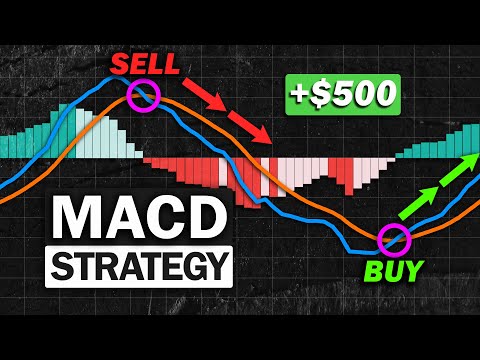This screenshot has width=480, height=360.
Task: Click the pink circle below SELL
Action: click(x=144, y=96)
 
